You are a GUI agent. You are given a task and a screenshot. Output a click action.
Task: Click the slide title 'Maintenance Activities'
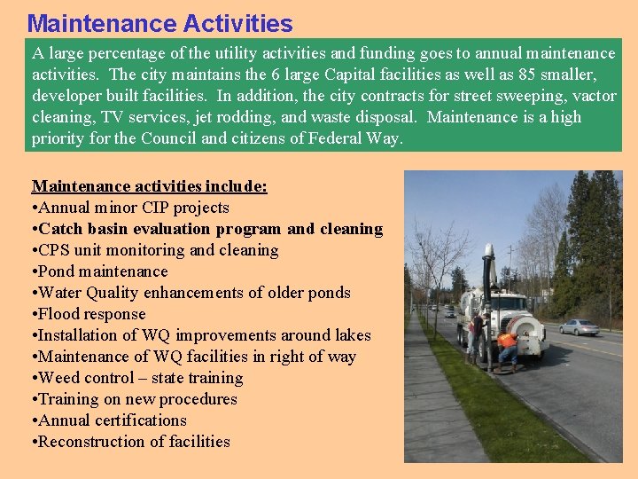159,22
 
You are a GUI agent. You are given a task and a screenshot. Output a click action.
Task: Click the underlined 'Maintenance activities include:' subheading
150,186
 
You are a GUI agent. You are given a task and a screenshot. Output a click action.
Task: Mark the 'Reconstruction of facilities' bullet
133,442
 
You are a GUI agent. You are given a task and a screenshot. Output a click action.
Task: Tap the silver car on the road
579,327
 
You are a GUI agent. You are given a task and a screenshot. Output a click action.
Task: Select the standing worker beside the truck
477,337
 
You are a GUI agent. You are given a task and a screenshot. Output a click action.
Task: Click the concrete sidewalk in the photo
443,408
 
